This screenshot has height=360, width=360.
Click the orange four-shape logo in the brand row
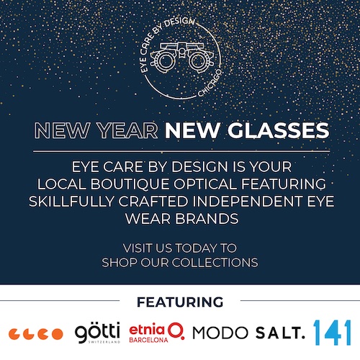point(36,334)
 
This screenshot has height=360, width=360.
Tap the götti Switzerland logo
point(97,333)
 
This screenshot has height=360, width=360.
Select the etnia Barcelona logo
point(157,333)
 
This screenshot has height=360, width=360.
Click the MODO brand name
point(220,333)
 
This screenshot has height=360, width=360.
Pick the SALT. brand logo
point(280,333)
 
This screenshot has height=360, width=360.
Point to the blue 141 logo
point(333,333)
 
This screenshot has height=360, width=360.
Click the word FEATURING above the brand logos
point(180,302)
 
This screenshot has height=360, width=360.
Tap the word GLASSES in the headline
point(279,130)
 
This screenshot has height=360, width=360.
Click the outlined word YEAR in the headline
point(127,130)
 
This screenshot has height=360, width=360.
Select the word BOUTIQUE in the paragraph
point(130,184)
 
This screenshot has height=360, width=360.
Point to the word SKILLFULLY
point(71,201)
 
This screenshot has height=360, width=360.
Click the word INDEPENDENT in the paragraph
point(247,201)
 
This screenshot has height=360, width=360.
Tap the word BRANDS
point(207,219)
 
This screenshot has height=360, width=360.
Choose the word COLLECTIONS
point(215,262)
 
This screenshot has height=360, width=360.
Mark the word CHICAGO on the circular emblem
point(210,83)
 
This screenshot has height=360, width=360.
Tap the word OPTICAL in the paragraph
point(204,184)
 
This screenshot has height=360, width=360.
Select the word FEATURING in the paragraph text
point(284,184)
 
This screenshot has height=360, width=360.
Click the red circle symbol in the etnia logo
point(176,330)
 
